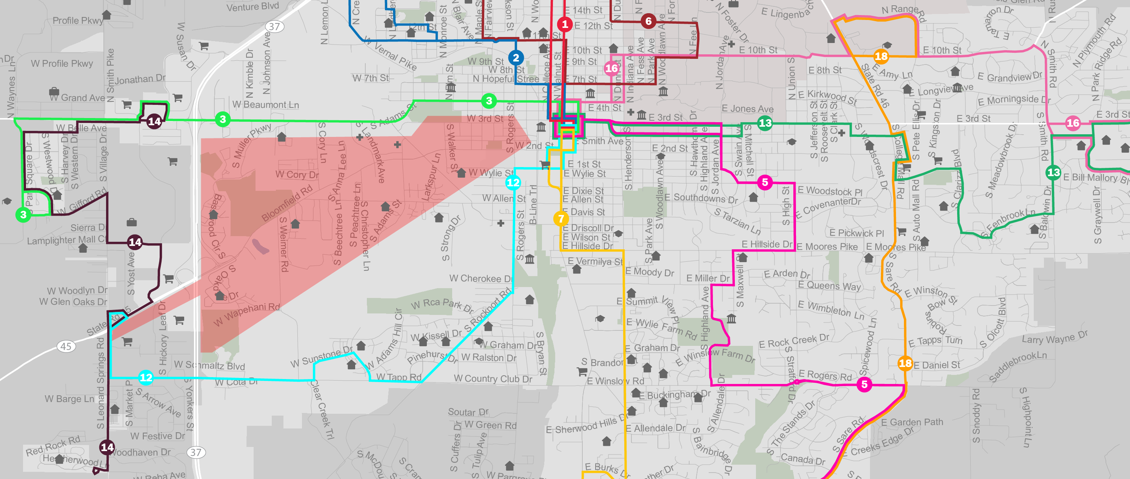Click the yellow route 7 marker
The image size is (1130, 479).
click(x=560, y=218)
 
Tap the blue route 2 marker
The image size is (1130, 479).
click(x=516, y=57)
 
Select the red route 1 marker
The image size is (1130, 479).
click(x=565, y=24)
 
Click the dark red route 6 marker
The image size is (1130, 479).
click(x=648, y=21)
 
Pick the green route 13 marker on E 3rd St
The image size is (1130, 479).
click(x=765, y=123)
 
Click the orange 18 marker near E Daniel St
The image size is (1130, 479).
click(x=905, y=363)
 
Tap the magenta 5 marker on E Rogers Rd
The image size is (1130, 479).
click(x=864, y=384)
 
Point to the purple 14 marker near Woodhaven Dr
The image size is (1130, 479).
click(x=107, y=447)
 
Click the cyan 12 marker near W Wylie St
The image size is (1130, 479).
click(x=513, y=182)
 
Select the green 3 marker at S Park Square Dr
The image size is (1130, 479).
click(x=23, y=214)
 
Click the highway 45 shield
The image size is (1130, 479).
click(x=66, y=346)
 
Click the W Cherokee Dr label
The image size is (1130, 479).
click(x=481, y=278)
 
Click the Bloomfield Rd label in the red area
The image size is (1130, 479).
click(x=287, y=203)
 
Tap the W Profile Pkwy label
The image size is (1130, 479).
click(x=62, y=63)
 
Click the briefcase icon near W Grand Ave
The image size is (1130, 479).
click(x=54, y=91)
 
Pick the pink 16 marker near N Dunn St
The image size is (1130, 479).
click(x=611, y=68)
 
